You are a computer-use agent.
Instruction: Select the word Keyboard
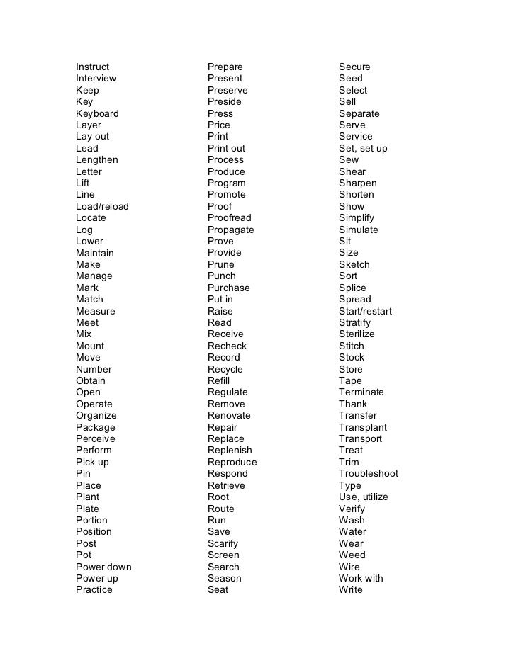click(x=97, y=113)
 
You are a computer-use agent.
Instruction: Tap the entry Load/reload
click(x=102, y=206)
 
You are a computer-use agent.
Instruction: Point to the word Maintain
click(x=94, y=253)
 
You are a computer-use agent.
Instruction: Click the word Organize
click(x=96, y=416)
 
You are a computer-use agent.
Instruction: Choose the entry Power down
click(x=103, y=567)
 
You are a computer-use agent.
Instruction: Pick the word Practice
click(x=94, y=590)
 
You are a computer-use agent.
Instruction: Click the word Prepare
click(x=225, y=67)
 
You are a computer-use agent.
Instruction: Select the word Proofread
click(x=229, y=218)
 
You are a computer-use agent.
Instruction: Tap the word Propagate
click(x=230, y=230)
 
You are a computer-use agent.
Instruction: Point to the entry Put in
click(x=220, y=300)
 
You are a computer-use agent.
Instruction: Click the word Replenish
click(x=230, y=451)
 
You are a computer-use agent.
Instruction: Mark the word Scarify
click(x=223, y=543)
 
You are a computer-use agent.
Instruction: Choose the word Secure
click(x=354, y=67)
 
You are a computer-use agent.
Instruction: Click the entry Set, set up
click(x=363, y=149)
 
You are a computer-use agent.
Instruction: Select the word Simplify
click(x=356, y=218)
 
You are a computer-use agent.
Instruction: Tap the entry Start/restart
click(x=365, y=311)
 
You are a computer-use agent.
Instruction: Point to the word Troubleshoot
click(x=369, y=474)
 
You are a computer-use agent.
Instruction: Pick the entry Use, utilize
click(x=363, y=497)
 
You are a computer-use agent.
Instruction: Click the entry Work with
click(x=361, y=578)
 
